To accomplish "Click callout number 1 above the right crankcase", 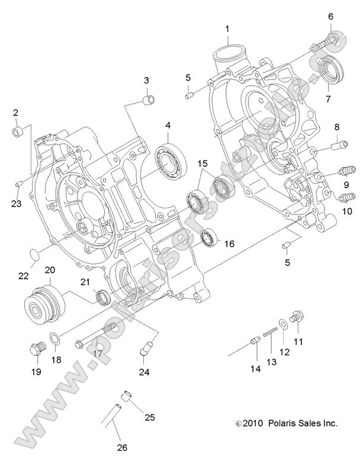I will click(227, 28).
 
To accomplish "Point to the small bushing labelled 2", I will click(18, 130).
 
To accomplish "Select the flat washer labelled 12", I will click(282, 323).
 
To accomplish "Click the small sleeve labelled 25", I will click(126, 395).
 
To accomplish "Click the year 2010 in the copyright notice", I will click(253, 423).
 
